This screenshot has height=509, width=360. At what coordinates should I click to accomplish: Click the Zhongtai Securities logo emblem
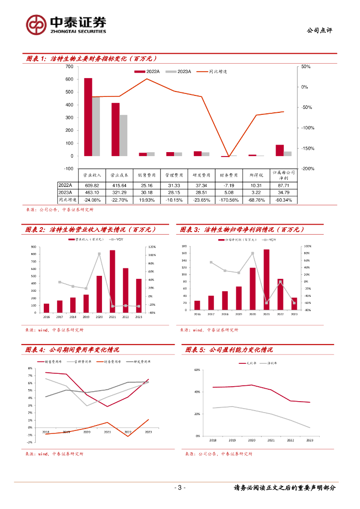point(36,24)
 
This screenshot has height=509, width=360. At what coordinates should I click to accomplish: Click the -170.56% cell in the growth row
point(229,200)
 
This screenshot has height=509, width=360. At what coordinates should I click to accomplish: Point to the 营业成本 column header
point(119,175)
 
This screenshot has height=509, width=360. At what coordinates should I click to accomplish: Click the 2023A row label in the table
point(66,192)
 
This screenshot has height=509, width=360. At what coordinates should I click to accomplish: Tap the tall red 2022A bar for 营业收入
point(88,117)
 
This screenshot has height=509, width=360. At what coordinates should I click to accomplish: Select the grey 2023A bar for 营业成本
point(123,135)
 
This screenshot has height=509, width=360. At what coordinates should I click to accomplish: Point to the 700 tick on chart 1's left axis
point(69,67)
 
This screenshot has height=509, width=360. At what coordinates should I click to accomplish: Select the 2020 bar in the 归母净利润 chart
point(253,289)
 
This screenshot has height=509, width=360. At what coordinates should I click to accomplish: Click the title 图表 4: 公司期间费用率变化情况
point(73,350)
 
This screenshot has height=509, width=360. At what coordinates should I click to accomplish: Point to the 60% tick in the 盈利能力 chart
point(197,370)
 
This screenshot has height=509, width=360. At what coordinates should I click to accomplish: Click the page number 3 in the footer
point(180,488)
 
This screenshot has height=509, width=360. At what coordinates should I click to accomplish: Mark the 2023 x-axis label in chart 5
point(309,440)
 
